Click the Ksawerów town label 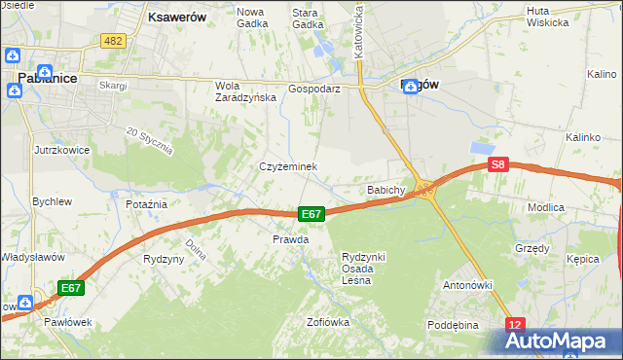pyautogui.click(x=176, y=18)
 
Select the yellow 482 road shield pyautogui.click(x=113, y=40)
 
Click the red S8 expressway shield pyautogui.click(x=498, y=165)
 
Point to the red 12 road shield pyautogui.click(x=515, y=323)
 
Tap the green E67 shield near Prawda pyautogui.click(x=311, y=214)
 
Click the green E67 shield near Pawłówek pyautogui.click(x=71, y=288)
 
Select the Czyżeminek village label pyautogui.click(x=288, y=166)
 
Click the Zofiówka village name pyautogui.click(x=327, y=322)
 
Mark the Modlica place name pyautogui.click(x=573, y=207)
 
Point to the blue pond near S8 pyautogui.click(x=482, y=148)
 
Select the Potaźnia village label pyautogui.click(x=147, y=204)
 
